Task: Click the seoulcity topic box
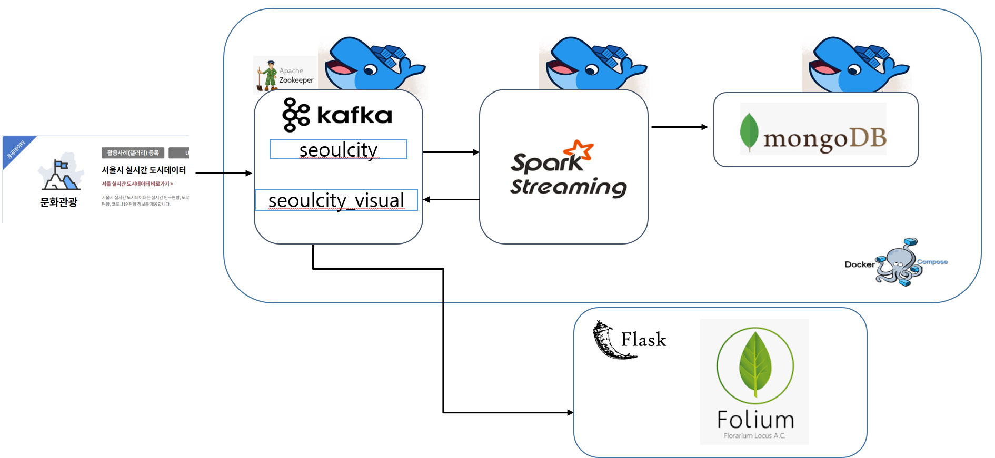click(338, 149)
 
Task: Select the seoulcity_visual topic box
click(336, 200)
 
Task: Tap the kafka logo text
click(354, 115)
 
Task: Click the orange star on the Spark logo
click(582, 149)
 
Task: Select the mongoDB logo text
click(824, 138)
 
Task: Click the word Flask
click(643, 340)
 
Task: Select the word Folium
click(755, 420)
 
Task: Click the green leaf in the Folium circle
click(755, 364)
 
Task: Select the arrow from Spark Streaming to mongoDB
click(679, 127)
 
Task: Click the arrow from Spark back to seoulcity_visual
click(451, 200)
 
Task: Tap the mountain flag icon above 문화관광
click(61, 174)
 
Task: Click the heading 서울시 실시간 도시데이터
click(144, 170)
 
